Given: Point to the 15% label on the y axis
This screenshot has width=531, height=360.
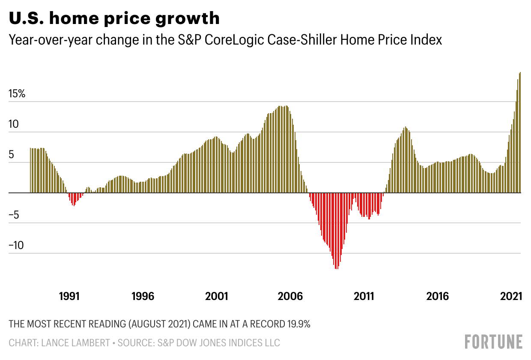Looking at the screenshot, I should (17, 94).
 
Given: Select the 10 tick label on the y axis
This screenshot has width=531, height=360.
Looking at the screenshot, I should (15, 124).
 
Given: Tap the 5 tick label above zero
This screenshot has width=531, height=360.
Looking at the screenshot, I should (12, 155).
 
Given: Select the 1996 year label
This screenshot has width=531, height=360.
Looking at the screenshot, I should (143, 296).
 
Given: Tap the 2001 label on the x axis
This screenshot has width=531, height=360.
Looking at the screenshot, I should (217, 296).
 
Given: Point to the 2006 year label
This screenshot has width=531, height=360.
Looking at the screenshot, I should (290, 296).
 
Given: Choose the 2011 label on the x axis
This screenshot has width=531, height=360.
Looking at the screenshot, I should (364, 296).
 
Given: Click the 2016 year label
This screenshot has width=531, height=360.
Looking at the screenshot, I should (437, 296).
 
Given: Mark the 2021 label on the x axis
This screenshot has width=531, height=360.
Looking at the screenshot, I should (510, 296).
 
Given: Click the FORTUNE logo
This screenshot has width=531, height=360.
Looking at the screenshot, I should (493, 342).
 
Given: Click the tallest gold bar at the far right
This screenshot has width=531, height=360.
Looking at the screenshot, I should (520, 133).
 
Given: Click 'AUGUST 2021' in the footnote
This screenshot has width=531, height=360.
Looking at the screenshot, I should (159, 324).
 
